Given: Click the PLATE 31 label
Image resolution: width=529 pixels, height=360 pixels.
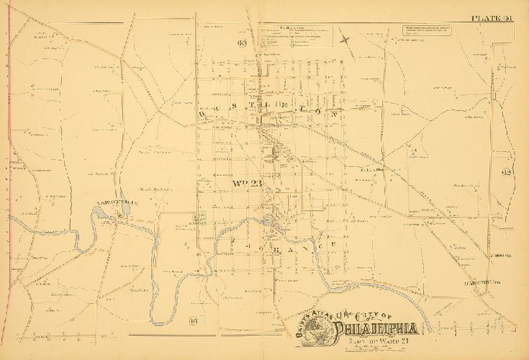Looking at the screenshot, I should point(491,20).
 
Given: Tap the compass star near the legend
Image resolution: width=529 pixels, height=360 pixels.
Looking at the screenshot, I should point(346,40).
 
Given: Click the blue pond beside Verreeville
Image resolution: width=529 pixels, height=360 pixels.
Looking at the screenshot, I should point(98,212).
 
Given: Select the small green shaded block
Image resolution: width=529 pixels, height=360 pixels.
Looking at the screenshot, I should point(199,216).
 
